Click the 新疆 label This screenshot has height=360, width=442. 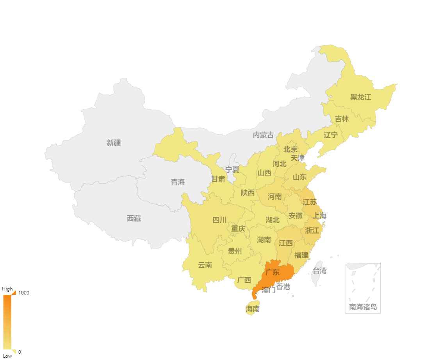(114, 143)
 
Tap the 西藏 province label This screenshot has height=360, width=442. (134, 218)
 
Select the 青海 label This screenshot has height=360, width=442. (178, 182)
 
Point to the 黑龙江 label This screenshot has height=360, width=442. (360, 97)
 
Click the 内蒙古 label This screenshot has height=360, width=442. (263, 135)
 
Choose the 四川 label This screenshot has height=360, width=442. (219, 220)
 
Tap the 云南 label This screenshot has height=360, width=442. (205, 265)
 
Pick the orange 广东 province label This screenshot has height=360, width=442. (272, 272)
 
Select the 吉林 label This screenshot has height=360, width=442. (342, 119)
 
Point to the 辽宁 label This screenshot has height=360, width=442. (331, 135)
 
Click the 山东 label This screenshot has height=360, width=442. (299, 177)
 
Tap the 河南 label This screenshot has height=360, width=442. (274, 197)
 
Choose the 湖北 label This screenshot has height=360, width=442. (273, 220)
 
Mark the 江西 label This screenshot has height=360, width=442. (285, 243)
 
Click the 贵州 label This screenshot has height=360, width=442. (235, 251)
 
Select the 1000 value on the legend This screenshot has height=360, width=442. (24, 293)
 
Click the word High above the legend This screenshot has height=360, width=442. (7, 289)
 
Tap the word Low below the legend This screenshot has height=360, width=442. (7, 356)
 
